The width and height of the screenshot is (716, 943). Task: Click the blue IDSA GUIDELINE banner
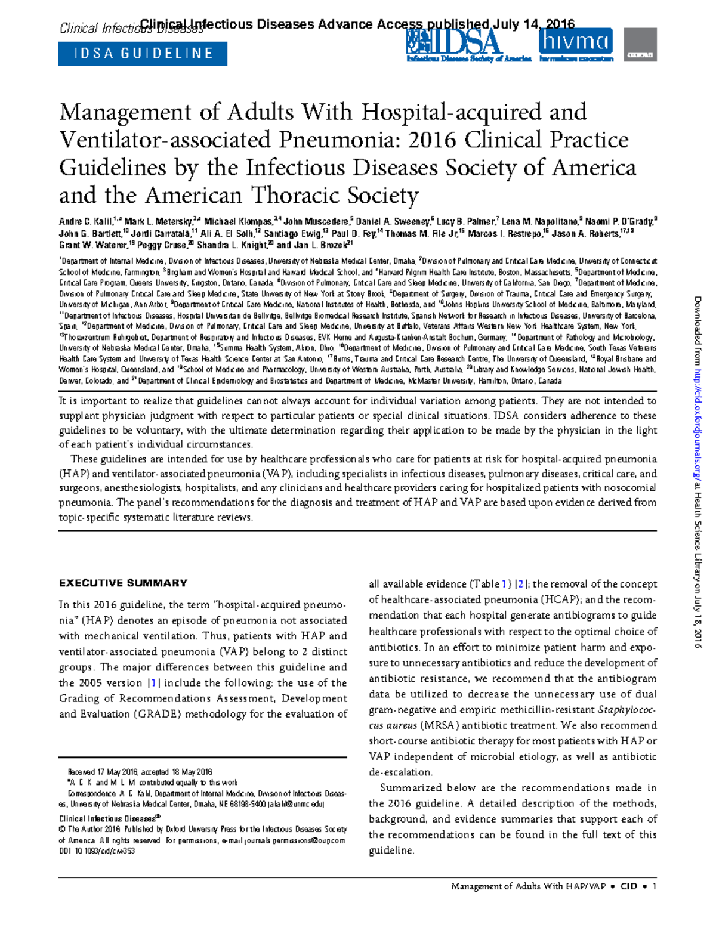(x=143, y=54)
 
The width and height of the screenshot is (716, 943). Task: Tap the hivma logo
(x=576, y=42)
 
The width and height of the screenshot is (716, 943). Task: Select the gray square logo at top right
(x=640, y=45)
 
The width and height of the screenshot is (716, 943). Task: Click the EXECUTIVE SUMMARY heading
(x=123, y=583)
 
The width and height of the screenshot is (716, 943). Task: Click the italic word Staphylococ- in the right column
(x=626, y=710)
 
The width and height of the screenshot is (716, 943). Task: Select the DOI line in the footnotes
(x=97, y=851)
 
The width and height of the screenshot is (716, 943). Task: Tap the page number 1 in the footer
(x=655, y=886)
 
